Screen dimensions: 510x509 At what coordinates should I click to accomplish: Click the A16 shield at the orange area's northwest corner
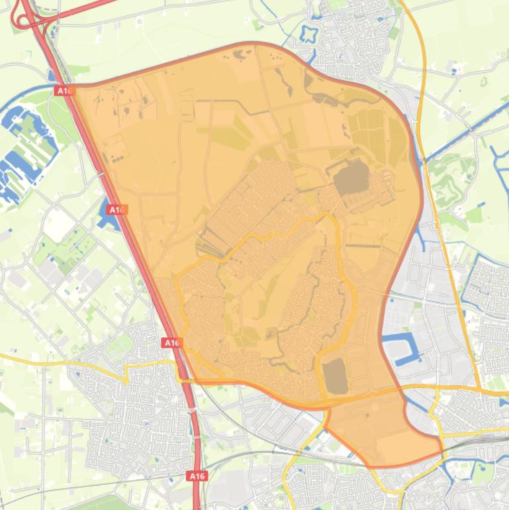(64, 91)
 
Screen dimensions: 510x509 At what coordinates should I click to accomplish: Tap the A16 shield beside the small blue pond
(117, 210)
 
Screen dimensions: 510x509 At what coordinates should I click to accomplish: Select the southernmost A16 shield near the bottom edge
(197, 476)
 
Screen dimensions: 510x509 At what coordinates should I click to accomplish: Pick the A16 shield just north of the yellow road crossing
(172, 342)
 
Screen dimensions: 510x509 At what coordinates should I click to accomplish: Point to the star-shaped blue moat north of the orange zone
(308, 33)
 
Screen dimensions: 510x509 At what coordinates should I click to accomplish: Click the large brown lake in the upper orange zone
(351, 177)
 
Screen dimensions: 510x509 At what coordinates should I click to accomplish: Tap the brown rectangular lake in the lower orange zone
(336, 376)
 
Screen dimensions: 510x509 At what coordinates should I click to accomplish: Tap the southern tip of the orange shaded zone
(377, 464)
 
